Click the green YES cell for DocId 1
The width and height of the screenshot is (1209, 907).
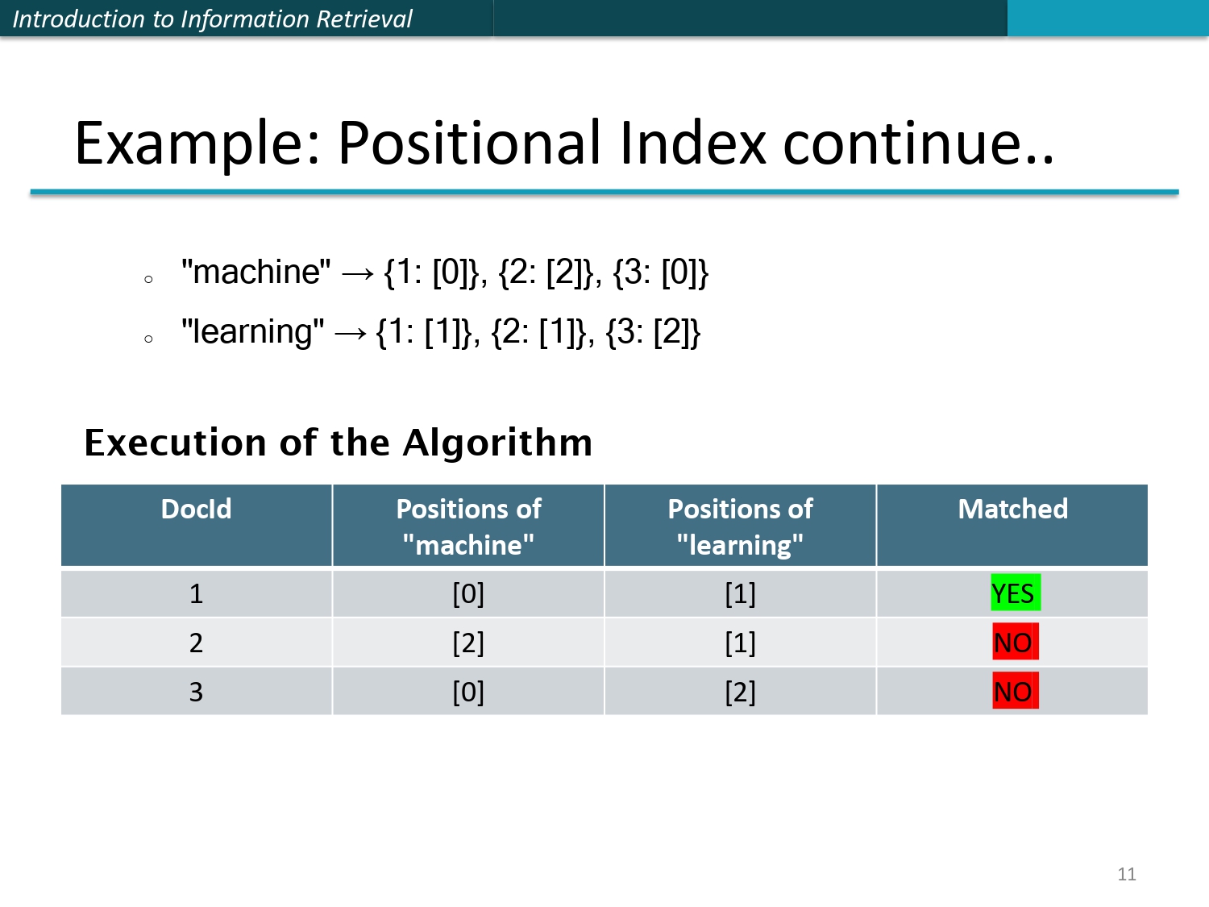pyautogui.click(x=1015, y=593)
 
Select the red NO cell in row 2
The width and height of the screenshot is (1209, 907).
pyautogui.click(x=1015, y=643)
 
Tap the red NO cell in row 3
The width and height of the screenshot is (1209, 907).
pyautogui.click(x=1015, y=692)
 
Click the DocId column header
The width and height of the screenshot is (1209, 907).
pyautogui.click(x=196, y=510)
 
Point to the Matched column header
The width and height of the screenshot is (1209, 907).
pyautogui.click(x=1012, y=510)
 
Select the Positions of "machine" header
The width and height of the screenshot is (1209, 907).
pyautogui.click(x=468, y=526)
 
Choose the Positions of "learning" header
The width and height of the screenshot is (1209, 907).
pyautogui.click(x=740, y=526)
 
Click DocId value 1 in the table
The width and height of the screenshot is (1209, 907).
pyautogui.click(x=196, y=594)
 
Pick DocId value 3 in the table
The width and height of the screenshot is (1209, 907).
pyautogui.click(x=196, y=693)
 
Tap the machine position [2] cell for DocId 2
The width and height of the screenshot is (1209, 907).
pyautogui.click(x=468, y=643)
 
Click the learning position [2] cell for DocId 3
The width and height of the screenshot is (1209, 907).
pyautogui.click(x=740, y=693)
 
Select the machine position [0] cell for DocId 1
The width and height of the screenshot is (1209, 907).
pyautogui.click(x=468, y=594)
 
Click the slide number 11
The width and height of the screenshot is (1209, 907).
pyautogui.click(x=1127, y=874)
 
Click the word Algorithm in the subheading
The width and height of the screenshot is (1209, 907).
pyautogui.click(x=497, y=443)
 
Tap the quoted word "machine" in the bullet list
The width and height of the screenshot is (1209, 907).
pyautogui.click(x=256, y=273)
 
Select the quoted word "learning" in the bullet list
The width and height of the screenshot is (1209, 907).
pyautogui.click(x=253, y=332)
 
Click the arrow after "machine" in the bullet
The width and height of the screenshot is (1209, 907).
pyautogui.click(x=358, y=274)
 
